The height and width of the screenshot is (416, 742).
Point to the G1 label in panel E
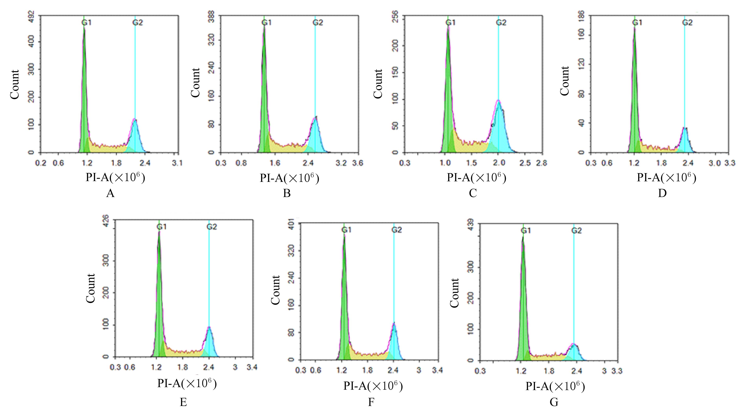pyautogui.click(x=162, y=227)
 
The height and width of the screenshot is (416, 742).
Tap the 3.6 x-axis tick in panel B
pyautogui.click(x=357, y=163)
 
